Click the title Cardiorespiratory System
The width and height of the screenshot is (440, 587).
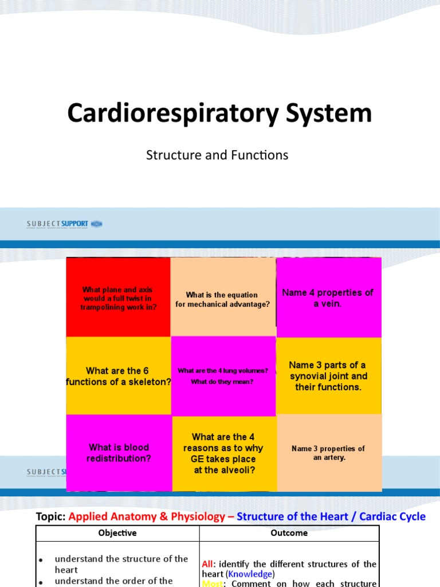point(219,113)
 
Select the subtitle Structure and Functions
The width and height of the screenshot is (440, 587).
point(217,155)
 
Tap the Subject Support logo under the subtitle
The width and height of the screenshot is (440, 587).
point(64,224)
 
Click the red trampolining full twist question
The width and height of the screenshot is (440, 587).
point(119,298)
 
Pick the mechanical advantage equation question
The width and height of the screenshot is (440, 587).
point(223,300)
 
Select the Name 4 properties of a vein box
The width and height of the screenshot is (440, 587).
point(328,298)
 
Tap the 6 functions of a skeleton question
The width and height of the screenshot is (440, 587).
point(118,376)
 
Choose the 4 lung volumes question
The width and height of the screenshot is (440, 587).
point(223,376)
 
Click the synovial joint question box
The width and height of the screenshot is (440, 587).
point(328,376)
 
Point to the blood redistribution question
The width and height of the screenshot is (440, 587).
point(118,453)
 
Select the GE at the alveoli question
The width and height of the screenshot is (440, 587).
point(223,453)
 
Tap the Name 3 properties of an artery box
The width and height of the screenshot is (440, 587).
point(328,453)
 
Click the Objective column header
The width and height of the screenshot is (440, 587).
point(117,533)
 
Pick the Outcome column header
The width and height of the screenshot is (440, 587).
point(289,533)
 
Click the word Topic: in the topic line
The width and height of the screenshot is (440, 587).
point(51,516)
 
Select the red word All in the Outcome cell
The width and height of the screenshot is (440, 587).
point(207,564)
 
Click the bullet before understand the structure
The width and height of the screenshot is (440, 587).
point(40,559)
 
